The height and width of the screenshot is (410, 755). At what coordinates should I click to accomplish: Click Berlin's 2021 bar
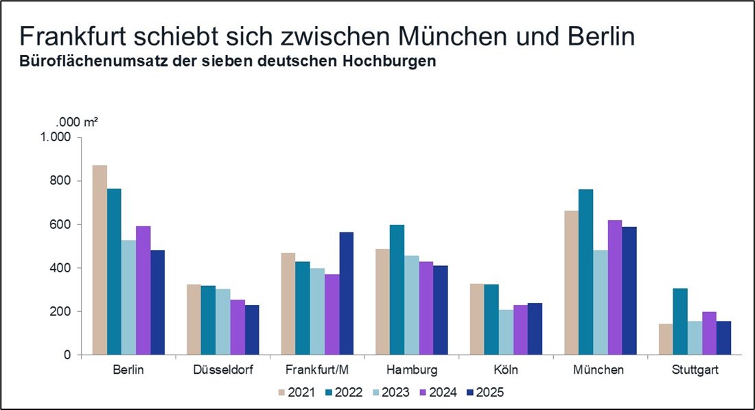(100, 260)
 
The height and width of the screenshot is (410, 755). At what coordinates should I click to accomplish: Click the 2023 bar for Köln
(505, 333)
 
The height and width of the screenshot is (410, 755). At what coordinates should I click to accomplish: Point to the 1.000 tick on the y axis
(56, 137)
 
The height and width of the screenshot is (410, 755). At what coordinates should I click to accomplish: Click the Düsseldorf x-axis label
(223, 370)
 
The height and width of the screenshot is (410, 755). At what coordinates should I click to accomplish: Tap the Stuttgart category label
(695, 370)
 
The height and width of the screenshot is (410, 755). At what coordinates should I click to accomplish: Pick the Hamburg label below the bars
(412, 370)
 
